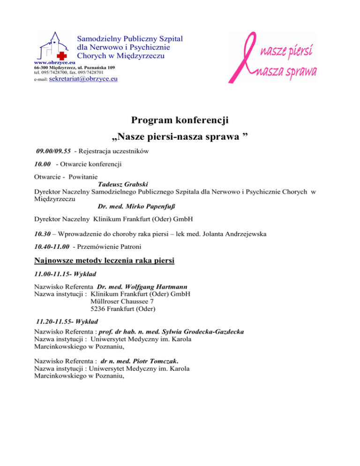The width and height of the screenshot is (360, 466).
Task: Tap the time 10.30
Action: pyautogui.click(x=43, y=234)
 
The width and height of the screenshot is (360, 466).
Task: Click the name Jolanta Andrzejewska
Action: pyautogui.click(x=241, y=234)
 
